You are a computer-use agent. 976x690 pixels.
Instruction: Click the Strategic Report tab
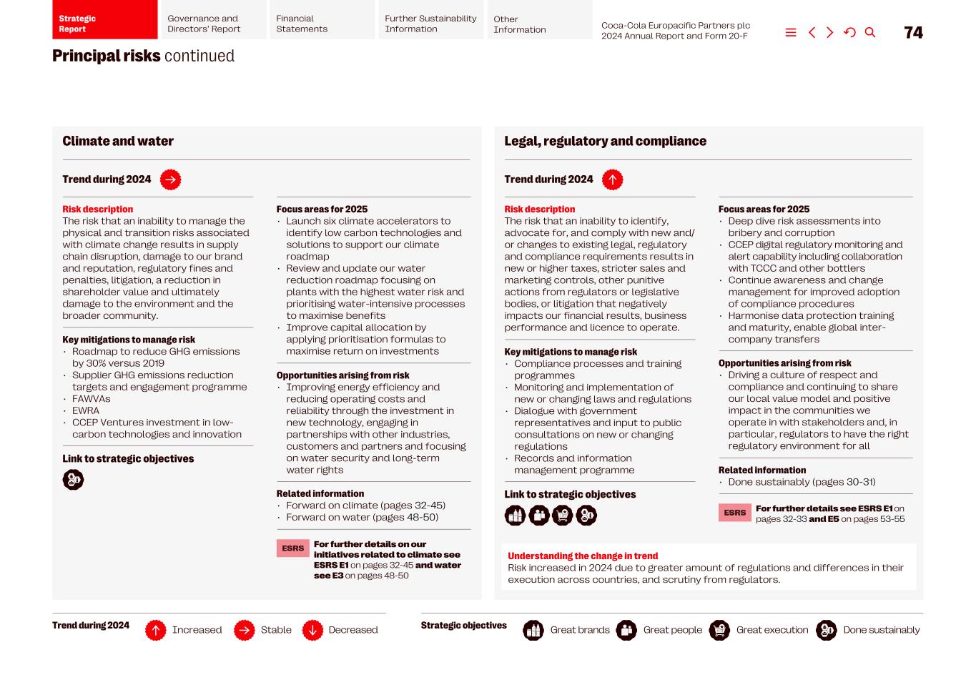tap(104, 24)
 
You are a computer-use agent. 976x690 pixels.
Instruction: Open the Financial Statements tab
tap(321, 24)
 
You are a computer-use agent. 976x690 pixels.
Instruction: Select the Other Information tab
tap(538, 24)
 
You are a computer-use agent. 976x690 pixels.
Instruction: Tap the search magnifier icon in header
tap(870, 32)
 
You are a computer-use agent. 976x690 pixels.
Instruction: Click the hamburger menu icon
tap(791, 32)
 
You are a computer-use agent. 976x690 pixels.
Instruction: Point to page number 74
tap(913, 33)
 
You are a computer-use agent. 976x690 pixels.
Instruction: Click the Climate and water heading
tap(118, 141)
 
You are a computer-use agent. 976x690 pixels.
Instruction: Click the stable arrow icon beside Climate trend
tap(170, 179)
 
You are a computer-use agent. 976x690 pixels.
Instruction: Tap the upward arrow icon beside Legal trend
tap(612, 179)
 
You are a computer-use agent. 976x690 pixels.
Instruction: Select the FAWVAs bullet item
tap(91, 399)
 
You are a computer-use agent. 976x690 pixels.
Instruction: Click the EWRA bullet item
tap(85, 410)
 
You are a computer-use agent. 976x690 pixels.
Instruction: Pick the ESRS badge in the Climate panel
tap(292, 548)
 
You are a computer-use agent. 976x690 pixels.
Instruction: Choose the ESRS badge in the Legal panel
tap(734, 513)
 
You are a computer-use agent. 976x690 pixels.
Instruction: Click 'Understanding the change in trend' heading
tap(583, 556)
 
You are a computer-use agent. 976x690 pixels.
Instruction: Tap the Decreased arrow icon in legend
tap(312, 630)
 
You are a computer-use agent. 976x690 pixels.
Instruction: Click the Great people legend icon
tap(626, 630)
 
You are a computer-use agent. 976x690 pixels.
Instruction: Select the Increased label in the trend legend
tap(197, 630)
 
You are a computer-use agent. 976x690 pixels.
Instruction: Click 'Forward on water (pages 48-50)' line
tap(362, 517)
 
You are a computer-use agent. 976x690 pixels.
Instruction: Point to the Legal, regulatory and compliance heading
tap(605, 141)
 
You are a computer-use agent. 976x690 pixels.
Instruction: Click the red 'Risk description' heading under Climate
tap(97, 209)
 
